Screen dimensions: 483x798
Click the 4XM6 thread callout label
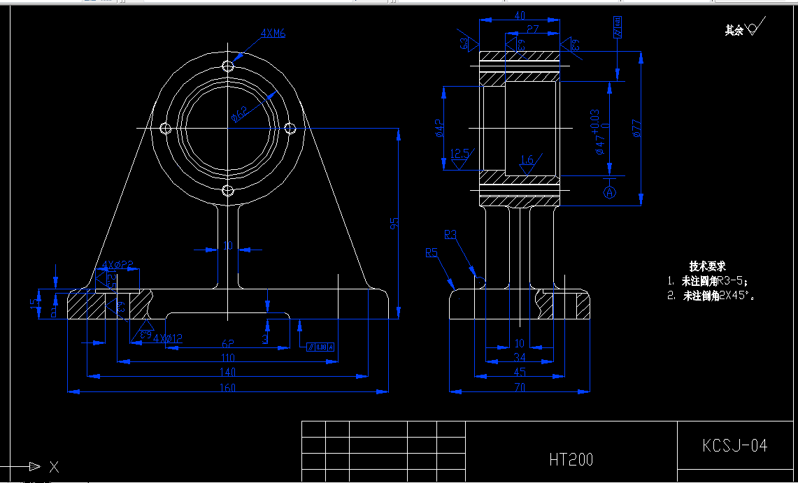point(273,33)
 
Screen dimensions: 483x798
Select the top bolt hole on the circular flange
point(227,66)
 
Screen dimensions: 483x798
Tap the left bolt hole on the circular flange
point(166,128)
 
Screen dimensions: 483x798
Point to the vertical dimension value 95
point(394,223)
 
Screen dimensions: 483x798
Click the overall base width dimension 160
point(228,387)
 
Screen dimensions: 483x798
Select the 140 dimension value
point(228,372)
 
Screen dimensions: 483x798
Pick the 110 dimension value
point(228,358)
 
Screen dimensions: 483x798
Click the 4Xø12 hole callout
point(168,338)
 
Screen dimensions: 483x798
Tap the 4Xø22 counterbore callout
point(117,264)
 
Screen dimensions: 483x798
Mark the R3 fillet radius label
point(450,234)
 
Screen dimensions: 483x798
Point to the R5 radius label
point(432,252)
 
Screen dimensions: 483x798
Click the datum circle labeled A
point(610,191)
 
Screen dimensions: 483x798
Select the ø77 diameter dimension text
point(637,129)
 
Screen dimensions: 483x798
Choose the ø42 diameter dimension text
point(439,128)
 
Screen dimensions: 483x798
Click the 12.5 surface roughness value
point(459,152)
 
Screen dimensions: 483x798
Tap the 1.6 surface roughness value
point(527,160)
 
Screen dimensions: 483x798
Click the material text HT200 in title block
point(571,459)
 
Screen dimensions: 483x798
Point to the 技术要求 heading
point(707,266)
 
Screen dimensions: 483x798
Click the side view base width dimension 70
point(519,387)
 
